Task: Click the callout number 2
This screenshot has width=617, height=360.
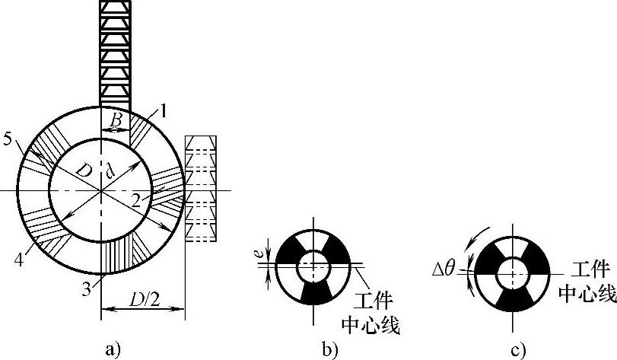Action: [136, 201]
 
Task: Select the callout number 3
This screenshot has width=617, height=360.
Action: [87, 289]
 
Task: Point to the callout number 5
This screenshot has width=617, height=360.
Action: [8, 139]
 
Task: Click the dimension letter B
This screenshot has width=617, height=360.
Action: [116, 120]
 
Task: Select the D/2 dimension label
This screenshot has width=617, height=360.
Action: [144, 300]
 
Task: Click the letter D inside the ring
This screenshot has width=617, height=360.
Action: [84, 170]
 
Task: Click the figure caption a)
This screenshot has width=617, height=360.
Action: [113, 349]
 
